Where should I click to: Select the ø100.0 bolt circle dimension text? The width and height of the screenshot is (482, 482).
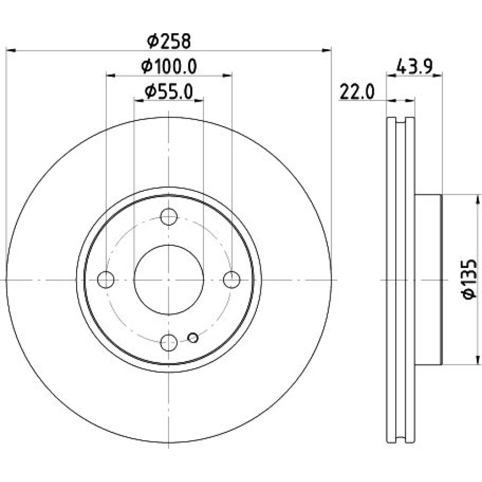(169, 67)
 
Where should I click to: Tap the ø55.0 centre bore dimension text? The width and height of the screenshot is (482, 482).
(169, 92)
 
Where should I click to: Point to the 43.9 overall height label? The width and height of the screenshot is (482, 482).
(415, 66)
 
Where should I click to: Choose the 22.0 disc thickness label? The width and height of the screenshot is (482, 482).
(357, 92)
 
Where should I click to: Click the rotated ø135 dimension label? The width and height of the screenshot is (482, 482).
(469, 279)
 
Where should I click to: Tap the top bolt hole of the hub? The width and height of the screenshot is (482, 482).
(169, 217)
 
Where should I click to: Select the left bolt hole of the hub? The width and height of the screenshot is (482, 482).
(106, 280)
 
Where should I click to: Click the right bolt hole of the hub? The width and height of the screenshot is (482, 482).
(231, 280)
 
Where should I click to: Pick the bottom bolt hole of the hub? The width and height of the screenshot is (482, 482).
(169, 342)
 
